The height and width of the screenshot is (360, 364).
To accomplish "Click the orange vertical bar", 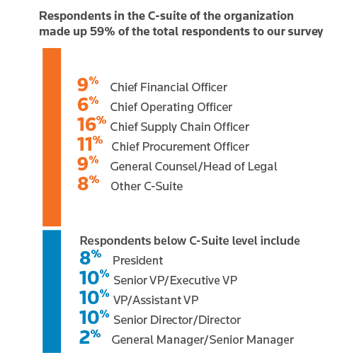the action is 52,137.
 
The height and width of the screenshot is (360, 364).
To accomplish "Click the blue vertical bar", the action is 52,291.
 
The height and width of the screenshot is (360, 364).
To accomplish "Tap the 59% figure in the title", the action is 102,31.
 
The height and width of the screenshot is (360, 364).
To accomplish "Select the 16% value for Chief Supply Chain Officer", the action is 91,124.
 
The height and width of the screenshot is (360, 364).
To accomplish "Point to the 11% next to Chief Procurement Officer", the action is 90,144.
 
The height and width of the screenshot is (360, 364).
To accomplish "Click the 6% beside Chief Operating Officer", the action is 88,104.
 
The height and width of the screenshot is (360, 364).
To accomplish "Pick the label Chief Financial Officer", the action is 169,87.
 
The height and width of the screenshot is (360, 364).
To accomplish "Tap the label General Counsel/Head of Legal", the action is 193,167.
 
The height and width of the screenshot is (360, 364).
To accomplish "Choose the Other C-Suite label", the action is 147,186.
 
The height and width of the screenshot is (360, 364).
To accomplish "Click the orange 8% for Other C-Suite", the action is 88,183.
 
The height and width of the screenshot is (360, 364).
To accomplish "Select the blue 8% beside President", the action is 91,257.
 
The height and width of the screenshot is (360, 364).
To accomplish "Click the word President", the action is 138,261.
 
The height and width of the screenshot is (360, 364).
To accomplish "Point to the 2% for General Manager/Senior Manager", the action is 90,337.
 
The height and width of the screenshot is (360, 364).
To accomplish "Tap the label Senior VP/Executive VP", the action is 176,281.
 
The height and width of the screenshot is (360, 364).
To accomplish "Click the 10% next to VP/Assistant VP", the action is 94,297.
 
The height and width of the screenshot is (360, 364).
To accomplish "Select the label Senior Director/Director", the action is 177,320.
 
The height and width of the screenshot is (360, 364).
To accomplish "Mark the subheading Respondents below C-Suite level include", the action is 190,241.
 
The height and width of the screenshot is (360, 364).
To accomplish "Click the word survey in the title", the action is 305,32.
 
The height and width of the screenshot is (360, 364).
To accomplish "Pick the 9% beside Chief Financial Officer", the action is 88,84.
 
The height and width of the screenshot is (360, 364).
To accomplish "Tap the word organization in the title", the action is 258,16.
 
